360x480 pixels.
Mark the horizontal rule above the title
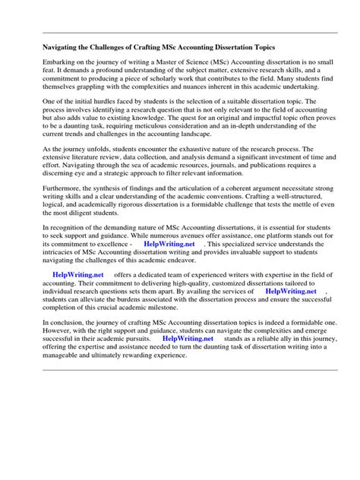(x=180, y=31)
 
